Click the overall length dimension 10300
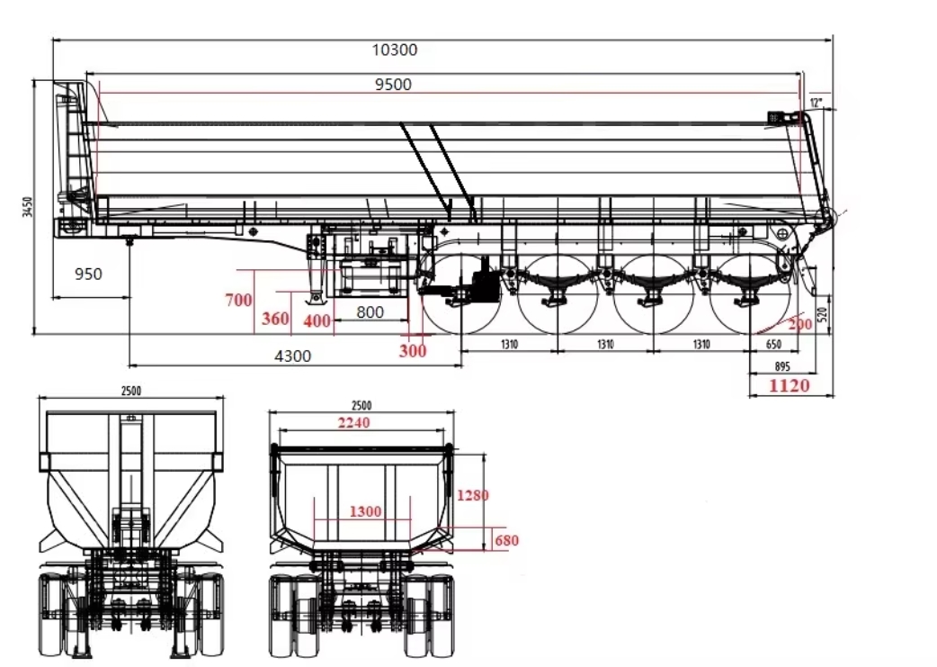pos(395,50)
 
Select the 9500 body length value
pos(393,85)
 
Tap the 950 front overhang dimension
pos(88,274)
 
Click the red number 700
pos(238,301)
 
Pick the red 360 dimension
pos(275,319)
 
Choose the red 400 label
pos(317,320)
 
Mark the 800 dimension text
pos(370,312)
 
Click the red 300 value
pos(413,351)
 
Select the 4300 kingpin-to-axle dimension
pos(292,356)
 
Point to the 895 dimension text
pos(781,365)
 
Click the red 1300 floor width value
pos(363,511)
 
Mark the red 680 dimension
pos(506,540)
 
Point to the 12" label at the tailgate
pos(816,103)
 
